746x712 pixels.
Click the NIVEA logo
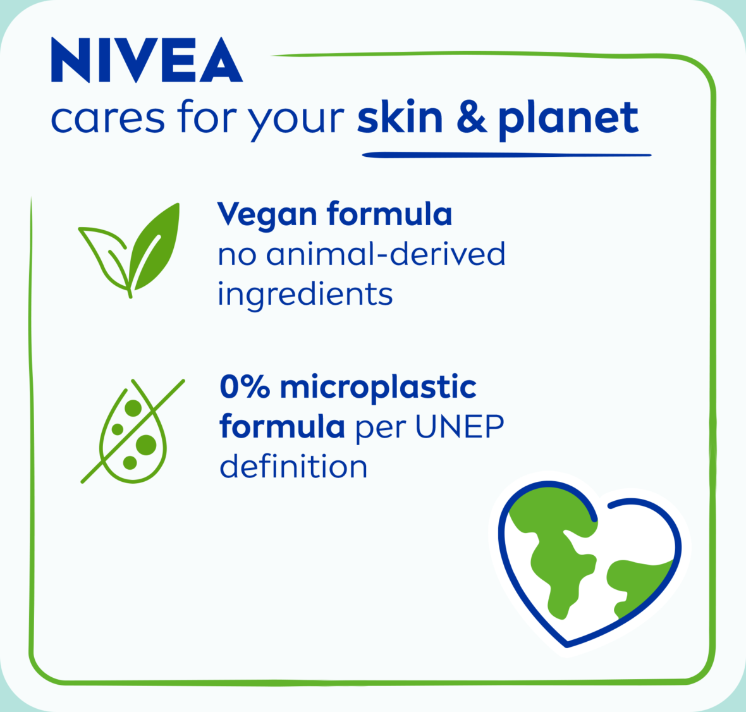(x=147, y=60)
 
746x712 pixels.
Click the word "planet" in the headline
(x=568, y=121)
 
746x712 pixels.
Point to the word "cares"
(x=107, y=119)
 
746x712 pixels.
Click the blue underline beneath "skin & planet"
(x=506, y=155)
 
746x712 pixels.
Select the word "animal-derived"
(x=386, y=254)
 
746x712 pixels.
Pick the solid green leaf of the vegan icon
(x=155, y=247)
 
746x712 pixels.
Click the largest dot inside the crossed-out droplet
(x=145, y=445)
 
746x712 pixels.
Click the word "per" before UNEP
(x=382, y=430)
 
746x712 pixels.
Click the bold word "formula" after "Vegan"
(x=389, y=214)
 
